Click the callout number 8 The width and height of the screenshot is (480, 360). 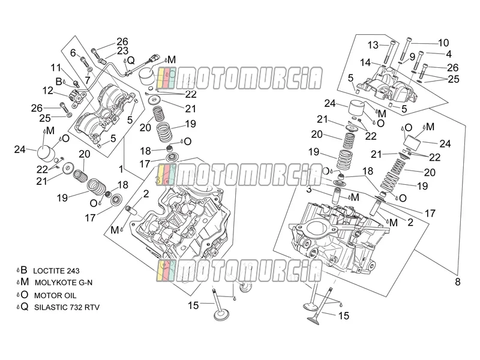(458, 281)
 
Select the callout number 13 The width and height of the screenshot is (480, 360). (373, 46)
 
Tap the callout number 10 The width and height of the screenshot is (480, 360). (443, 43)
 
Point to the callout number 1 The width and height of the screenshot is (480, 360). (121, 169)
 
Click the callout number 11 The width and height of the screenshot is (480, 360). (56, 68)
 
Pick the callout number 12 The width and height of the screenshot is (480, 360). (48, 91)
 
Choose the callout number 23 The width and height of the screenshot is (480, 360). (122, 51)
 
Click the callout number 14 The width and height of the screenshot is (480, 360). (365, 63)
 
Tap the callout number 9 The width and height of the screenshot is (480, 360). (412, 57)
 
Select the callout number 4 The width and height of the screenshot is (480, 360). (449, 54)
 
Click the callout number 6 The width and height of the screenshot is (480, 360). (73, 53)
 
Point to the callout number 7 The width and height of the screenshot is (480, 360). (88, 80)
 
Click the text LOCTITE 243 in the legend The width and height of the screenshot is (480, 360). (56, 271)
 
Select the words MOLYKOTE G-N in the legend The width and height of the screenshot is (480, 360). (64, 283)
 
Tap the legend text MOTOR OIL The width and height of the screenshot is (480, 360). (55, 296)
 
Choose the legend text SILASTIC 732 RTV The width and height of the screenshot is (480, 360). (67, 307)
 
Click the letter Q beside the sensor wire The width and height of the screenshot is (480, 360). (131, 61)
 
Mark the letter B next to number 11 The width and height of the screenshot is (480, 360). (59, 82)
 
